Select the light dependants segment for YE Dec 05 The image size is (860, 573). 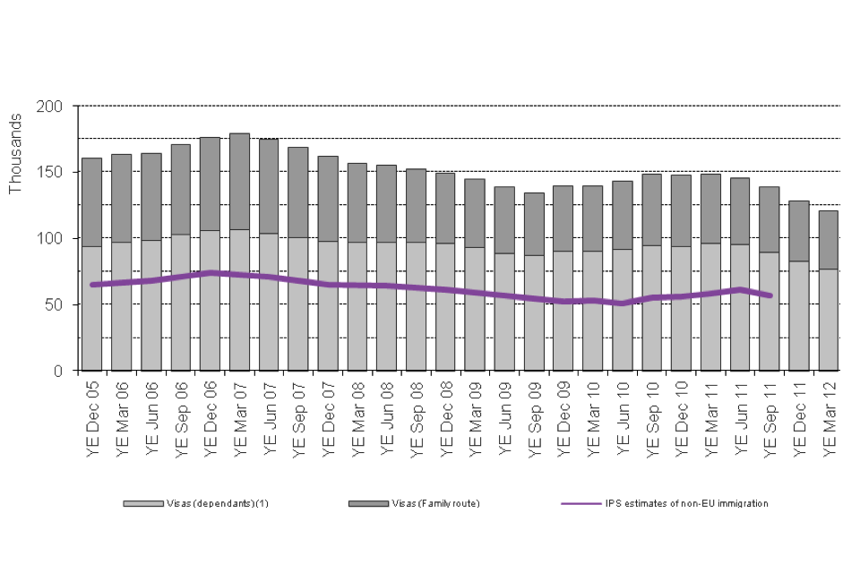(x=92, y=308)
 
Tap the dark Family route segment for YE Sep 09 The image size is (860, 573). (x=534, y=224)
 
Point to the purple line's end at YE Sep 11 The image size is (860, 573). (x=770, y=295)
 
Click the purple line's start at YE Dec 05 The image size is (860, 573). (x=92, y=285)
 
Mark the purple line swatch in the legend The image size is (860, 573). (x=579, y=503)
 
